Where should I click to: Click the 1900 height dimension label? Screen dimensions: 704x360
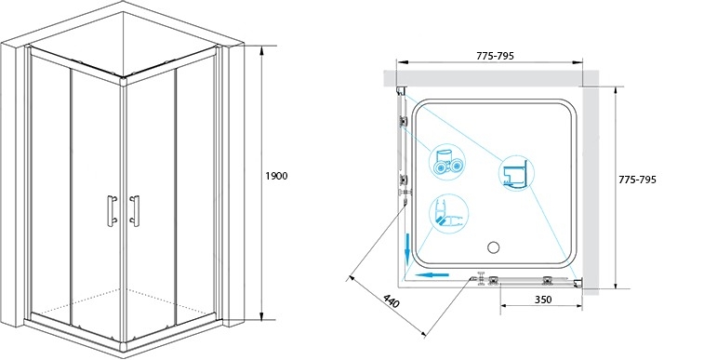pyautogui.click(x=276, y=177)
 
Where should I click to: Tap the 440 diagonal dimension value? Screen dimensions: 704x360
pyautogui.click(x=392, y=301)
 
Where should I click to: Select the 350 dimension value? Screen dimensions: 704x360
pyautogui.click(x=543, y=300)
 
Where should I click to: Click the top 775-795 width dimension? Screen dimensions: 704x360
pyautogui.click(x=495, y=56)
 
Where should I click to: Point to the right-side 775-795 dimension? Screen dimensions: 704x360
pyautogui.click(x=637, y=180)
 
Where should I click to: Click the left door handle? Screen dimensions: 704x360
pyautogui.click(x=112, y=209)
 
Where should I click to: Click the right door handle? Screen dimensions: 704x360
pyautogui.click(x=134, y=210)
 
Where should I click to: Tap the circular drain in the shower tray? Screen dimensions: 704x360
pyautogui.click(x=494, y=247)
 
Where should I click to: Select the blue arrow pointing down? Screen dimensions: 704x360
pyautogui.click(x=406, y=248)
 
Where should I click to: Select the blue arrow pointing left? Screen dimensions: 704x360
pyautogui.click(x=432, y=274)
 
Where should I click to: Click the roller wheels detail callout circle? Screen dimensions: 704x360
pyautogui.click(x=447, y=161)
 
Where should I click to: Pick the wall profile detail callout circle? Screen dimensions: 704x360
pyautogui.click(x=516, y=173)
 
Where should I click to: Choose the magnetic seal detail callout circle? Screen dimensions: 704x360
pyautogui.click(x=449, y=212)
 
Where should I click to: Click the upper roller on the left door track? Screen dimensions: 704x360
pyautogui.click(x=405, y=121)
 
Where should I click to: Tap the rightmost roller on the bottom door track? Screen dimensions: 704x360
pyautogui.click(x=548, y=280)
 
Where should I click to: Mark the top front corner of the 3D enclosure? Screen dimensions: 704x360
pyautogui.click(x=124, y=81)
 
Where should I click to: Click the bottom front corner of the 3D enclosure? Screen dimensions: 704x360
pyautogui.click(x=124, y=347)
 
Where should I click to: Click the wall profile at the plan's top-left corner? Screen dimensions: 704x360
pyautogui.click(x=401, y=91)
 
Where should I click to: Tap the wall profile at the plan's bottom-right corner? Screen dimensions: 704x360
pyautogui.click(x=579, y=283)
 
